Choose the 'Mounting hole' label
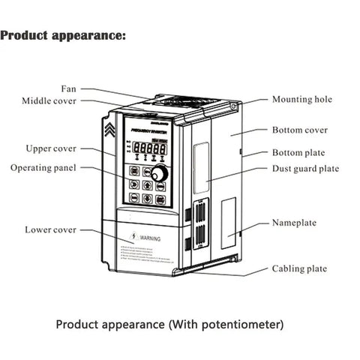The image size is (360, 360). point(301,100)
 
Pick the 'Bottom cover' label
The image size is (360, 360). point(299,130)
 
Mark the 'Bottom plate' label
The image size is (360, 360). point(298,153)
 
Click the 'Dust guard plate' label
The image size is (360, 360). point(305,169)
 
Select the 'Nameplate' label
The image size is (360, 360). point(294,223)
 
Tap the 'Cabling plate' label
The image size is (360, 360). point(298,268)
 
